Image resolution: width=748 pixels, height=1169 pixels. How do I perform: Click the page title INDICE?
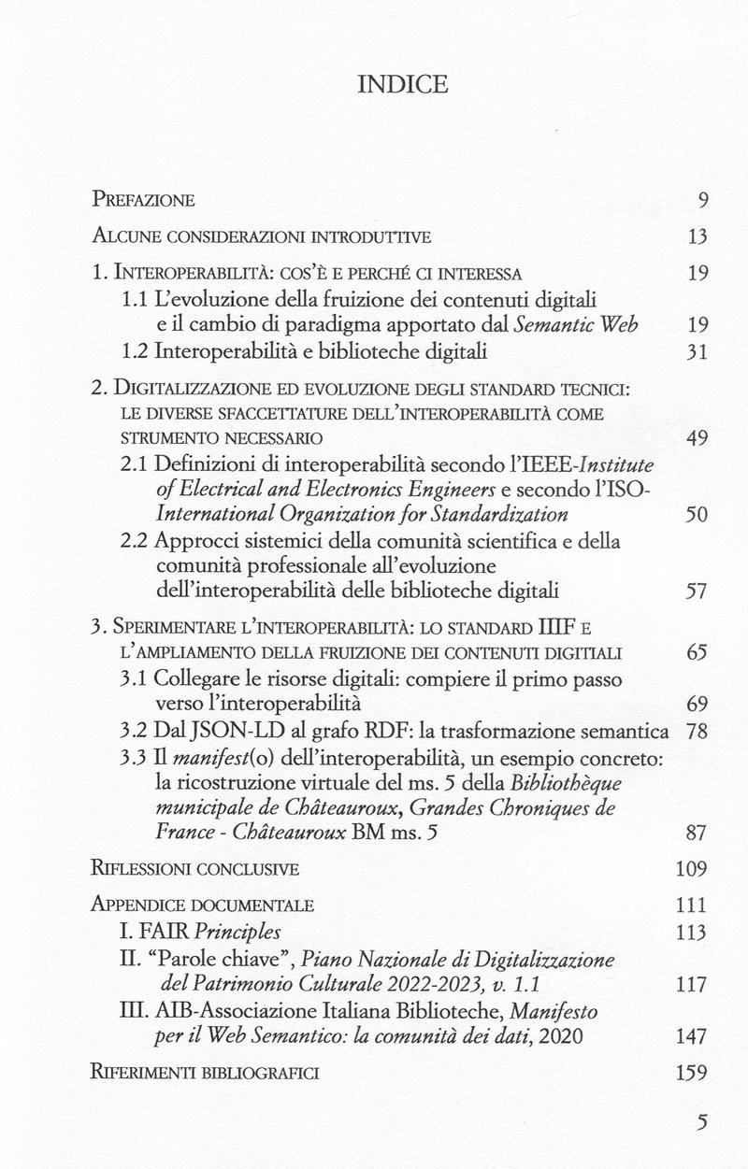coord(402,85)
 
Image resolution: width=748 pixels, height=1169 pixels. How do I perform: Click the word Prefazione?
coord(143,199)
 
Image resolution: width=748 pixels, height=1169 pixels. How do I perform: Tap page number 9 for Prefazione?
coord(703,199)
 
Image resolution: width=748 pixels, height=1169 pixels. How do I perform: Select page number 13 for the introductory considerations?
coord(698,236)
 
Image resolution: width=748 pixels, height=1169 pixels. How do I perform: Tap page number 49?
coord(698,437)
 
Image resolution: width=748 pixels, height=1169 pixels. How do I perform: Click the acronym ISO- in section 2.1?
coord(635,490)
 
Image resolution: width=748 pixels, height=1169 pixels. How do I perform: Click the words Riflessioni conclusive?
coord(195,869)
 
